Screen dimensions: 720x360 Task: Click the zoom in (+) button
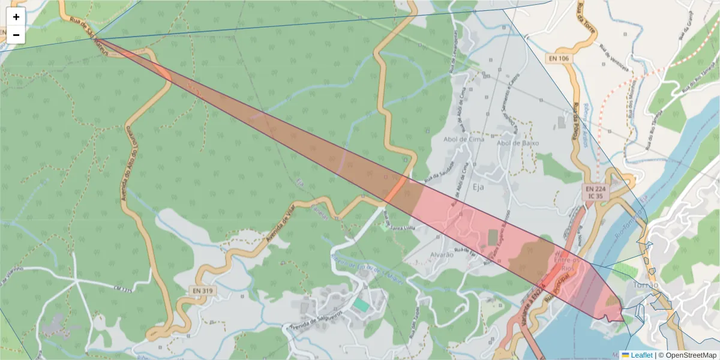click(x=16, y=17)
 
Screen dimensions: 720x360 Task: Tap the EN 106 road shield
click(x=557, y=58)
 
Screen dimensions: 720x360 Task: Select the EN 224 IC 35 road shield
click(x=596, y=192)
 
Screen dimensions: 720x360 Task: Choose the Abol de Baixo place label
click(x=518, y=143)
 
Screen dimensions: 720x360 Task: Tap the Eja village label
click(x=478, y=187)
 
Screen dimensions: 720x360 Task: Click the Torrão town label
click(x=646, y=285)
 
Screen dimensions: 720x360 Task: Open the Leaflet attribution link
click(x=641, y=355)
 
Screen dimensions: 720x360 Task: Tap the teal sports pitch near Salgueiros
click(x=361, y=305)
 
